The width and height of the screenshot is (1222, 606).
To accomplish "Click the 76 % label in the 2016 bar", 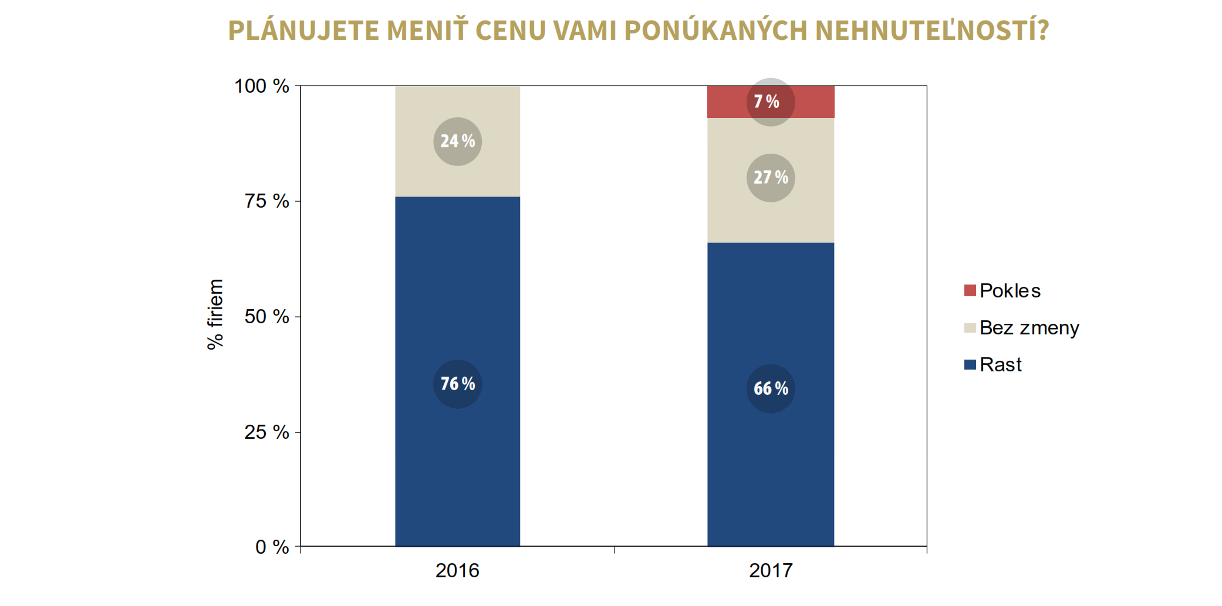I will pos(457,384).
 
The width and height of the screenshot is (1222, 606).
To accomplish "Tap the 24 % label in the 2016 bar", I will pos(457,141).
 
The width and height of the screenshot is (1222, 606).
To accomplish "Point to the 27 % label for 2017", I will pos(770,178).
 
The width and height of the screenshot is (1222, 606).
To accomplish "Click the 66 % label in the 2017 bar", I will pos(770,389).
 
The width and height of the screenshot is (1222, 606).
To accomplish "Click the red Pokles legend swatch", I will pos(970,290).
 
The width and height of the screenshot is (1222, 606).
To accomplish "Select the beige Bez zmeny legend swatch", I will pos(970,327).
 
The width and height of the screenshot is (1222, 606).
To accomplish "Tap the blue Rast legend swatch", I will pos(970,365).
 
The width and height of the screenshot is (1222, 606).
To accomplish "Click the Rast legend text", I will pos(1001,365).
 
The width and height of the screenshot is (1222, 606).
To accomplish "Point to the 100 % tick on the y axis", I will pos(262,86).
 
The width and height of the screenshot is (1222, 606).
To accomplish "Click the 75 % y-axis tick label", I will pos(267,201).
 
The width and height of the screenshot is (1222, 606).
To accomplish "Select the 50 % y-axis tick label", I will pos(267,317).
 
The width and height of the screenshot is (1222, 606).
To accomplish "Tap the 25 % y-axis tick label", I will pos(267,432).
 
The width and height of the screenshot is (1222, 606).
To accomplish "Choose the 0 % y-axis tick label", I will pos(272,547).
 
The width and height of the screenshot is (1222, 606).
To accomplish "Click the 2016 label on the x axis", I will pos(457,570).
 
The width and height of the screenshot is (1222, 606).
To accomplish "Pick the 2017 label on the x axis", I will pos(770,570).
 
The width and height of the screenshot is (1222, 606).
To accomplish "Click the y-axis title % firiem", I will pos(215,314).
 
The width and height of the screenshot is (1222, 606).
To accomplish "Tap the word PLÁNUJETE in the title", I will pos(303,31).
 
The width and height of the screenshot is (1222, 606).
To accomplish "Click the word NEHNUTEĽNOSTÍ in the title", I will pos(931,31).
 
